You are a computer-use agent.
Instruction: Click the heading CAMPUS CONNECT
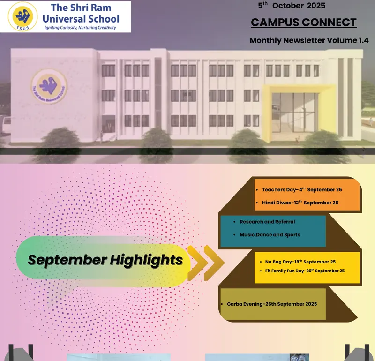pyautogui.click(x=304, y=22)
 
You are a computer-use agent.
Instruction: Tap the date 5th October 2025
pyautogui.click(x=292, y=6)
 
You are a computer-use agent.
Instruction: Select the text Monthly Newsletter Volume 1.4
pyautogui.click(x=309, y=40)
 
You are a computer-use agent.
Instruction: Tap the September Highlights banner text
pyautogui.click(x=105, y=259)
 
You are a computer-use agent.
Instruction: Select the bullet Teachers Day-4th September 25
pyautogui.click(x=302, y=190)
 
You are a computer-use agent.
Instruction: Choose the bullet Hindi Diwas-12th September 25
pyautogui.click(x=300, y=203)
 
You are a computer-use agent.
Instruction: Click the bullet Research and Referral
pyautogui.click(x=267, y=222)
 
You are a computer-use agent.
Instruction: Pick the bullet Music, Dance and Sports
pyautogui.click(x=270, y=235)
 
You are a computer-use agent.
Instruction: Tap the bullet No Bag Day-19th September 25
pyautogui.click(x=300, y=262)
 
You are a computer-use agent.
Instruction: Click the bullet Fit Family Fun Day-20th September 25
pyautogui.click(x=305, y=271)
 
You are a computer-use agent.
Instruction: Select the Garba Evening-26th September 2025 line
pyautogui.click(x=272, y=304)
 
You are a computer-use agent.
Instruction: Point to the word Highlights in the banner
pyautogui.click(x=146, y=259)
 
